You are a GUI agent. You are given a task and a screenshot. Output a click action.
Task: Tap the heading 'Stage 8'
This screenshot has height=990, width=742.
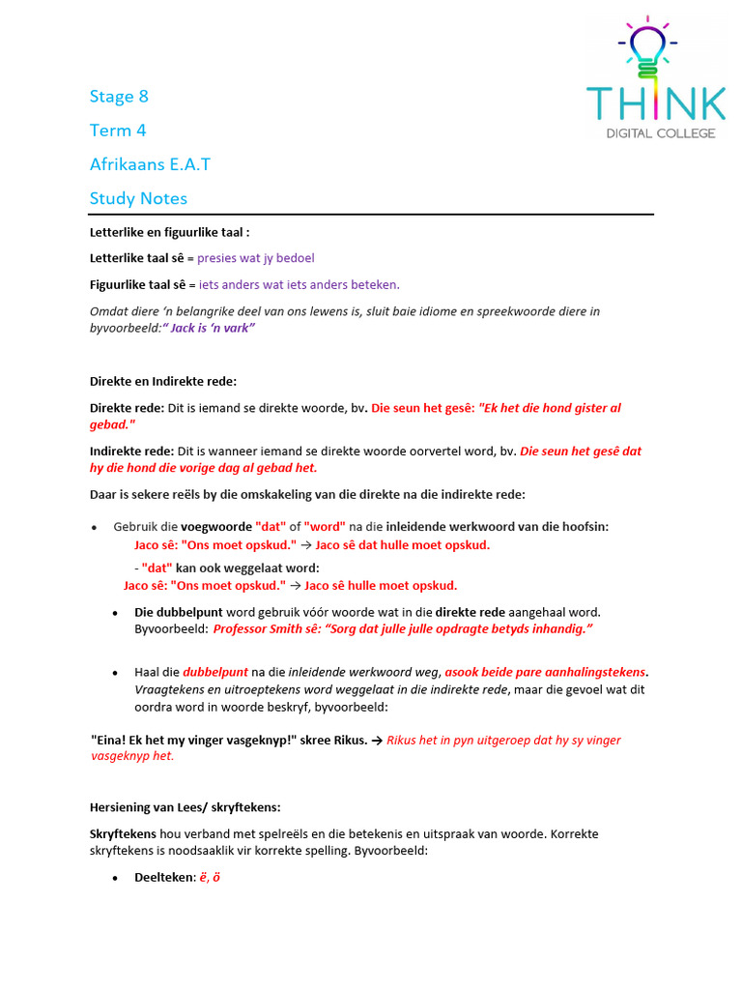119,96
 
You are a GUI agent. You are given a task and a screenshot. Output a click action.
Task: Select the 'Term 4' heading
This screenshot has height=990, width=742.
118,130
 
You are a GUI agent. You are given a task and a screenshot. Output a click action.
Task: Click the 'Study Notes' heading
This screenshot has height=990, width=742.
138,198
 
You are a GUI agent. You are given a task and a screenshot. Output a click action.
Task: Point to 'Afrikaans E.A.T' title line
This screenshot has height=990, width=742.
150,163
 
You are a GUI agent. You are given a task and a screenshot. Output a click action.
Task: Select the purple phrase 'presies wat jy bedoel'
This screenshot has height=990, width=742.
256,258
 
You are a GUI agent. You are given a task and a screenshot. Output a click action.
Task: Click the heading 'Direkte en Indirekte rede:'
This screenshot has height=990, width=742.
163,381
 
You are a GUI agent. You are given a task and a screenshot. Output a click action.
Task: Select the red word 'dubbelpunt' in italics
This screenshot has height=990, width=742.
215,671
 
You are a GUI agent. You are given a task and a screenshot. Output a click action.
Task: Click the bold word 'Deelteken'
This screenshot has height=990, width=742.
163,878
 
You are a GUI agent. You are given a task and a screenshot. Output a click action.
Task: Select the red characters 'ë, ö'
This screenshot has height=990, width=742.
210,878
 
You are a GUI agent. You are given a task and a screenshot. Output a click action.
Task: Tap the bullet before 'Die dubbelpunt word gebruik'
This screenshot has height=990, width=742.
114,613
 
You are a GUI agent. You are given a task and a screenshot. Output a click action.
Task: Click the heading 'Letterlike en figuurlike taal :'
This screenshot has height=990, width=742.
162,233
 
